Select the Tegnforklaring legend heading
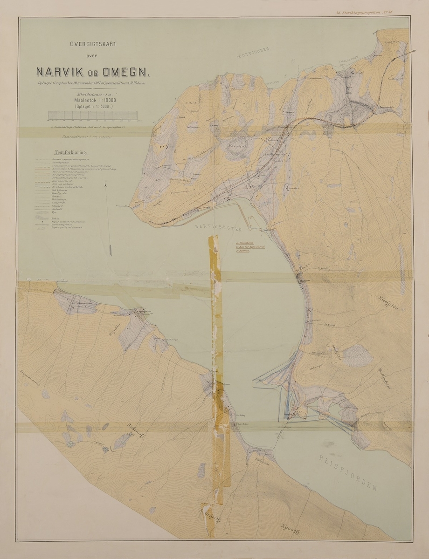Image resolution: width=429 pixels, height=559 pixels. coord(71,152)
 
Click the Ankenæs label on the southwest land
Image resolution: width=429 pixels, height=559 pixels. coord(130,431)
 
